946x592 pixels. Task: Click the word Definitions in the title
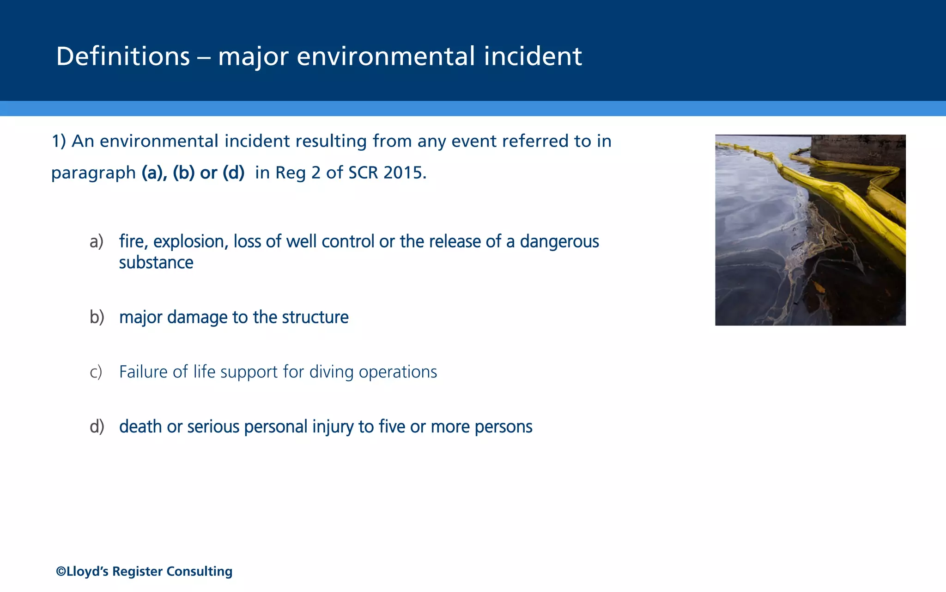123,56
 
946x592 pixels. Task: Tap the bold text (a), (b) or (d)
193,173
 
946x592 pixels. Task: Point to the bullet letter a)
97,242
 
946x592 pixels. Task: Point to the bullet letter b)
97,317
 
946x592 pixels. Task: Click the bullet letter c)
96,372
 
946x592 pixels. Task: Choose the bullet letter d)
97,427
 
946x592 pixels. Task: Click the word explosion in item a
191,242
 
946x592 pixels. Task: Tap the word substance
156,263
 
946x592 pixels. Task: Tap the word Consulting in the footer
199,572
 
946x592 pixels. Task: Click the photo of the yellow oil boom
810,230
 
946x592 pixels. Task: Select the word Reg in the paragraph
291,173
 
